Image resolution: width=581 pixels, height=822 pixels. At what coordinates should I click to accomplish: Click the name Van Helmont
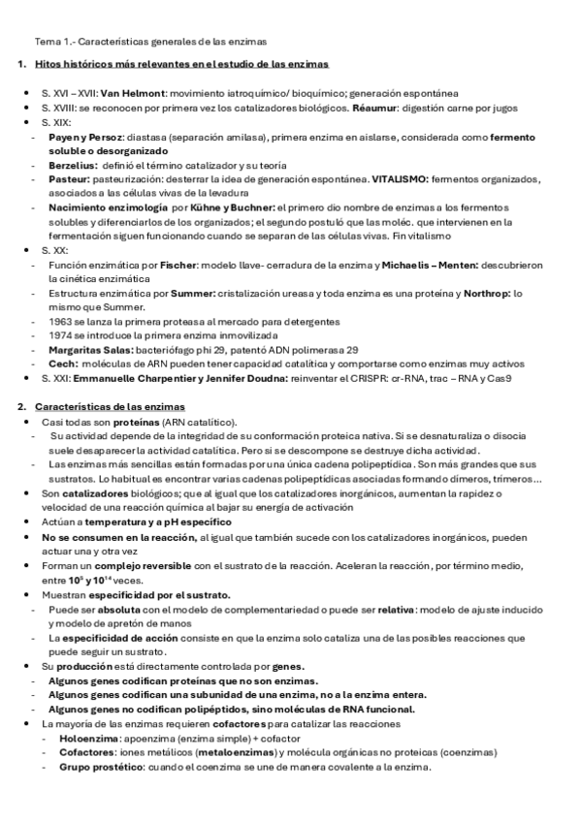122,92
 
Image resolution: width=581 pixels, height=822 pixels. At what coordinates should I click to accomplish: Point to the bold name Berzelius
69,166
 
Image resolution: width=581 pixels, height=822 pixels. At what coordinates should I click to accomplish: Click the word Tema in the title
47,42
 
